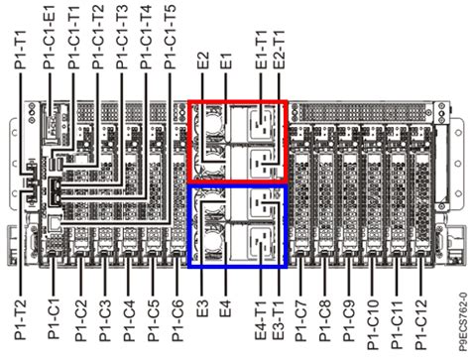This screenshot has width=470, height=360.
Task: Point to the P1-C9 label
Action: [351, 309]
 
